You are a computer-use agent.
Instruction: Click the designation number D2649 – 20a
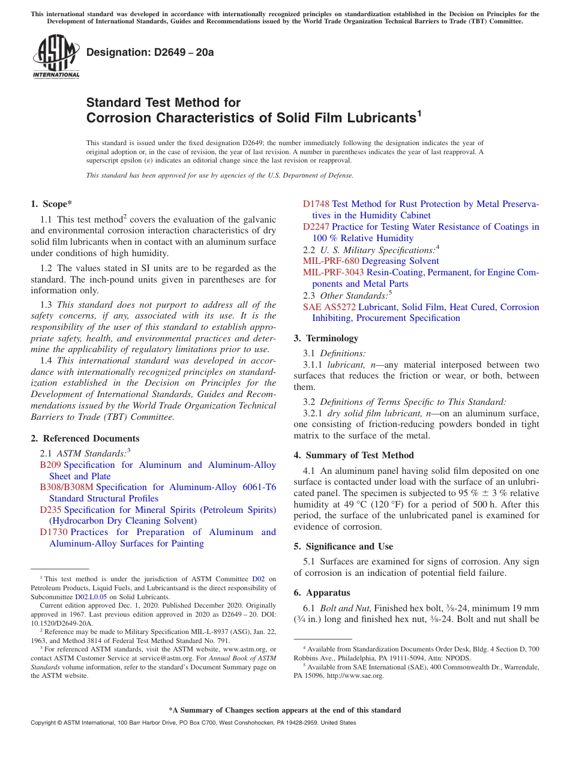click(x=150, y=53)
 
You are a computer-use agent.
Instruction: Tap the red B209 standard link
click(x=50, y=465)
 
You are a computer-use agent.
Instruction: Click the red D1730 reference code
click(x=53, y=532)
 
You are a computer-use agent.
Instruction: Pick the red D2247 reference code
click(x=316, y=227)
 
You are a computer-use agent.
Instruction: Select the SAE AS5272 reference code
click(x=329, y=307)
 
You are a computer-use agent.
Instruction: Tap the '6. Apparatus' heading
click(x=322, y=593)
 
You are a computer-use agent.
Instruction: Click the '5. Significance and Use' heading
click(x=343, y=546)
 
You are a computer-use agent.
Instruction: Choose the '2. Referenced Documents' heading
click(x=85, y=438)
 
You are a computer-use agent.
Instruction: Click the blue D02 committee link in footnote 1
click(x=258, y=579)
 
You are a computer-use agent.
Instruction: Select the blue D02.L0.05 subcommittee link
click(x=91, y=597)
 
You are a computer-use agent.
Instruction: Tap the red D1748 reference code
click(x=316, y=204)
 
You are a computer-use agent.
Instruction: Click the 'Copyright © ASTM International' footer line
click(x=193, y=723)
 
